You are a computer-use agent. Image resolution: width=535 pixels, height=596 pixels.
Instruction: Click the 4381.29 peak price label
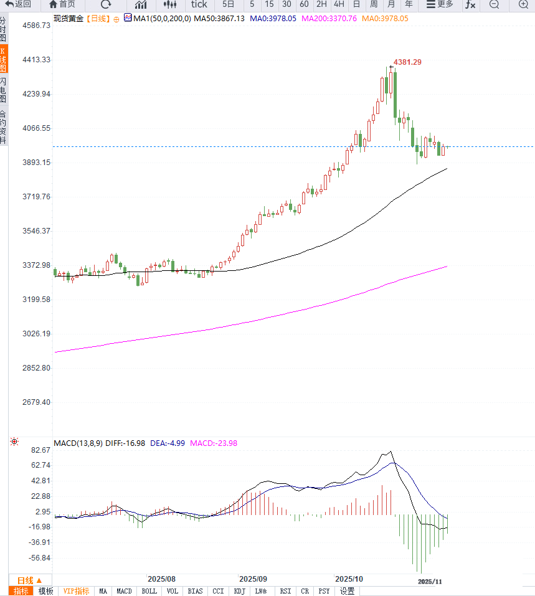407,62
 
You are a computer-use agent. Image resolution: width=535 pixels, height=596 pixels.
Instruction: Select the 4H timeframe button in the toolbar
339,4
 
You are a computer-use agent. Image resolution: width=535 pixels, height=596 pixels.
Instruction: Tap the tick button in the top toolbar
199,4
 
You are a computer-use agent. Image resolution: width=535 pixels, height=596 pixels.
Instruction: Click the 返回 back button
18,4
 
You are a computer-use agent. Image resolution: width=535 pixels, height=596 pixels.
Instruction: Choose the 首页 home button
62,4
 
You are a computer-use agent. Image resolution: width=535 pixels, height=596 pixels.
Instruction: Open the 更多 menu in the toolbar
440,4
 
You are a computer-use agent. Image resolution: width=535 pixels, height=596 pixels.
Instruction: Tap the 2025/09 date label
253,579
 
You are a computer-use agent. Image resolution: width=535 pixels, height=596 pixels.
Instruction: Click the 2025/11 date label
430,581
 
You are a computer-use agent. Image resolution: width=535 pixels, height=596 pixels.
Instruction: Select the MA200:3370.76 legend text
329,19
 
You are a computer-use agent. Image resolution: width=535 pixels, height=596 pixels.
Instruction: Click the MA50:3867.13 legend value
219,19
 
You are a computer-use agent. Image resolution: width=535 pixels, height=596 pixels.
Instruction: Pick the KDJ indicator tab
240,591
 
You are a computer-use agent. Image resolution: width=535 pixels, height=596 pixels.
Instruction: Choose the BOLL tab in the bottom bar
149,591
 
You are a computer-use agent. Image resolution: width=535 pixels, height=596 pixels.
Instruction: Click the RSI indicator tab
285,591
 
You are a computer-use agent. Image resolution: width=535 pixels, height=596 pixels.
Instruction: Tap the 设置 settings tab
347,591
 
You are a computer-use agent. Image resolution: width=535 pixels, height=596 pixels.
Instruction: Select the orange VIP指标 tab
76,591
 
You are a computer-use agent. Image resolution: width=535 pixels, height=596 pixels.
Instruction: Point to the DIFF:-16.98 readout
126,443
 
